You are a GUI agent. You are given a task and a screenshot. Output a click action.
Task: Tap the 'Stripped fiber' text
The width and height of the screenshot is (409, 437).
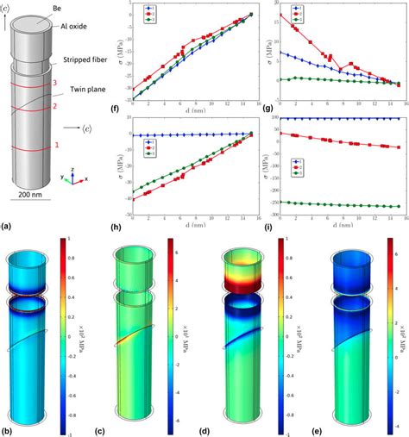pos(89,61)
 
